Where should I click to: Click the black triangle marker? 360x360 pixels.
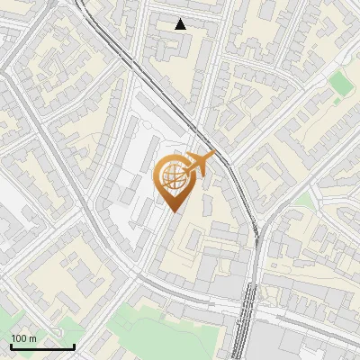coord(181,24)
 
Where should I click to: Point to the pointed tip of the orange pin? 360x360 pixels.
coord(172,211)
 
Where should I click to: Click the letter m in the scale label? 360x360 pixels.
coord(33,338)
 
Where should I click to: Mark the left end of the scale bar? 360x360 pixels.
coord(12,346)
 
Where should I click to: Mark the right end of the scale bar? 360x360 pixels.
coord(75,346)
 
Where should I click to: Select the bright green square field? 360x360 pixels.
coord(340,84)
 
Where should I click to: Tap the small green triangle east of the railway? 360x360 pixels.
coord(304,201)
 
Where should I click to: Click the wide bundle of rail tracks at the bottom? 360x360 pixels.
coord(245,324)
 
